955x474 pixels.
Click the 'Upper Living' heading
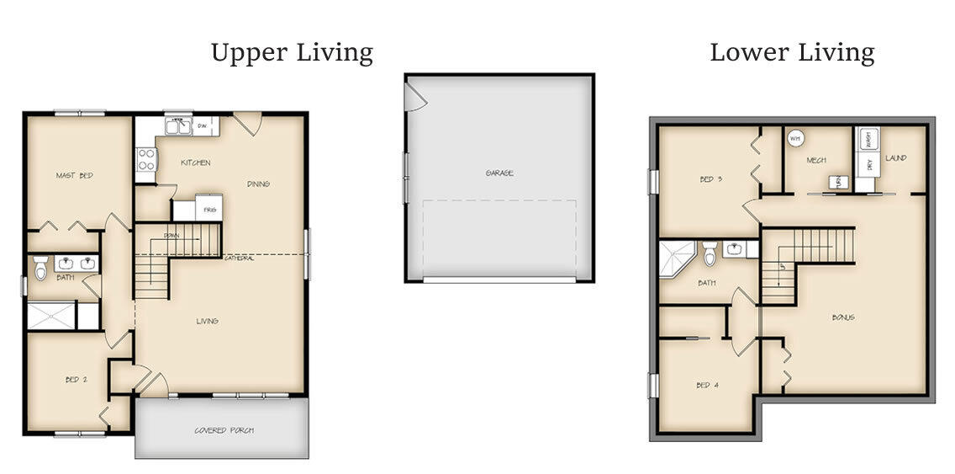coord(292,53)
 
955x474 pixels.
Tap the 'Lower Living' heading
coord(792,53)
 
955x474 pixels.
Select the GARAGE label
coord(499,173)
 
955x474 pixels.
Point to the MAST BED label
coord(74,175)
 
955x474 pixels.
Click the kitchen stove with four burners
coord(146,159)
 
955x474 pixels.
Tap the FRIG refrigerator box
coord(209,209)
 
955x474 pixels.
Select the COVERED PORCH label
coord(224,430)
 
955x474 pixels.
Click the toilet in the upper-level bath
coord(40,267)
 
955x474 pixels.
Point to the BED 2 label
coord(76,380)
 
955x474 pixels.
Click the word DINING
coord(258,184)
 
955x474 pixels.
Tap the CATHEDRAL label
coord(239,258)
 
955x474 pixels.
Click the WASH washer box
coord(868,140)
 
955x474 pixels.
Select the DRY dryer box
coord(868,165)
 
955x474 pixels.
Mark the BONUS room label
coord(843,317)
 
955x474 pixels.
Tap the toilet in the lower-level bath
coord(709,252)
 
